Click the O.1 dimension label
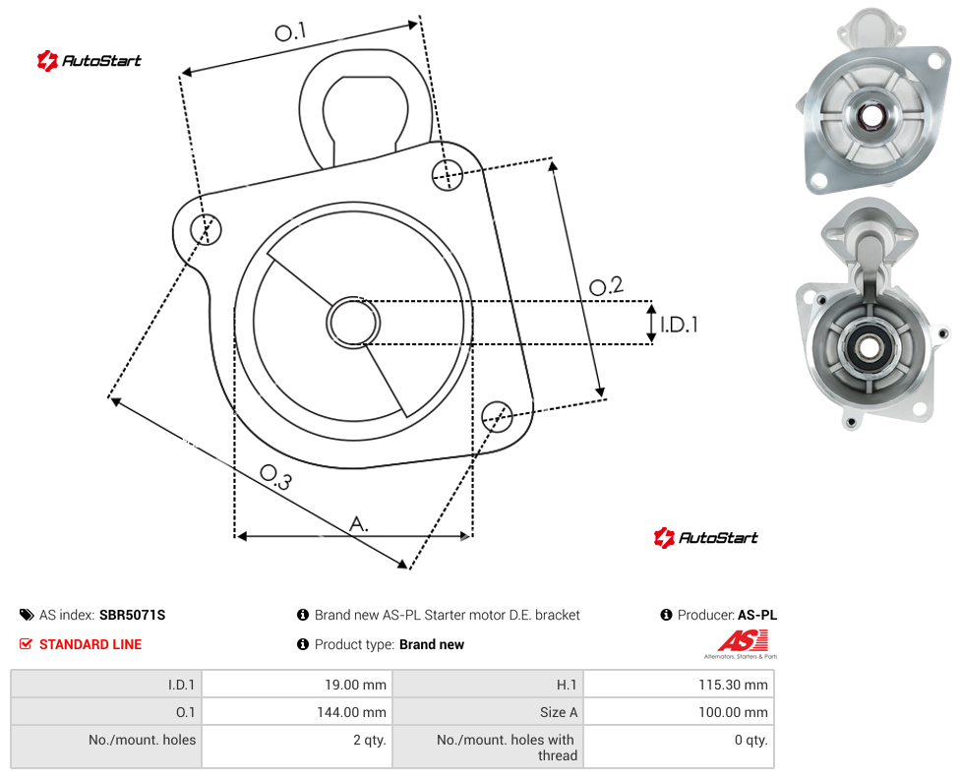point(290,31)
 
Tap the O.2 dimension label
point(606,285)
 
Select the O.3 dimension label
point(276,477)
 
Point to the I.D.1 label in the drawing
point(679,324)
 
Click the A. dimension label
point(359,524)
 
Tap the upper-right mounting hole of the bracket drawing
point(448,174)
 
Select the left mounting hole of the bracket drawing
point(206,229)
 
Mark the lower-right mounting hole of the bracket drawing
point(497,416)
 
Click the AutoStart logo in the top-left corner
point(90,61)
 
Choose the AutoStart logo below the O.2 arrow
point(706,538)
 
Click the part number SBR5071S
point(132,615)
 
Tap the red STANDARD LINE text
point(90,644)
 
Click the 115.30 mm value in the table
point(733,685)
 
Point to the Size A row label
point(559,712)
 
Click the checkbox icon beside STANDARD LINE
point(26,644)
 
